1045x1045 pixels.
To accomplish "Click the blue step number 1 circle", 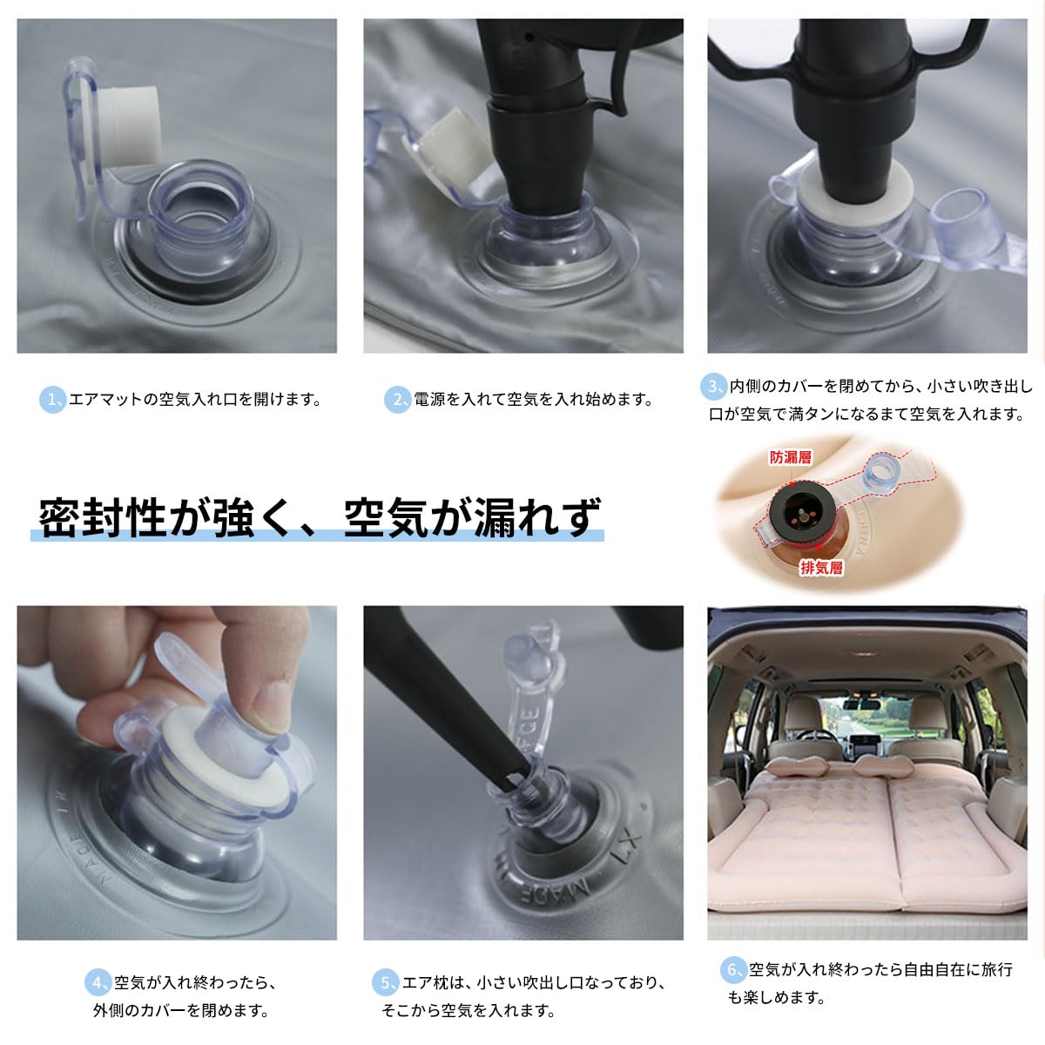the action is tap(53, 401).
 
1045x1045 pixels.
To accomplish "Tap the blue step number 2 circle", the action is tap(397, 401).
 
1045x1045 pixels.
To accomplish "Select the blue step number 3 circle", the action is tap(714, 387).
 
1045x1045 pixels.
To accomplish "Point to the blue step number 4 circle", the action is tap(98, 982).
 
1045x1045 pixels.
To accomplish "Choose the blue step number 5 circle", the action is tap(386, 982).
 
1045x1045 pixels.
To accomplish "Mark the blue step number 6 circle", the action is tap(734, 969).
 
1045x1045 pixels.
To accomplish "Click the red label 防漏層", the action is tap(791, 457).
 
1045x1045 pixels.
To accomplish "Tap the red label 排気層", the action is tap(821, 568).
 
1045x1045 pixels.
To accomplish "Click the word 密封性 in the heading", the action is tap(103, 517).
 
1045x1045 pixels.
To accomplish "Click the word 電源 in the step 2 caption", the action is tap(429, 401).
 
